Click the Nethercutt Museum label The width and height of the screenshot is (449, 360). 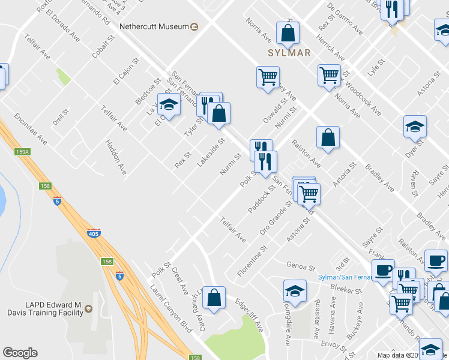point(154,27)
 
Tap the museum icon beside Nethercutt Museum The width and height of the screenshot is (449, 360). point(194,27)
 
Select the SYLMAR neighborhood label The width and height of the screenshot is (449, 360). point(289,53)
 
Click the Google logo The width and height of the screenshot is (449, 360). point(20,353)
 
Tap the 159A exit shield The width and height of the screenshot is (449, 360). point(22,152)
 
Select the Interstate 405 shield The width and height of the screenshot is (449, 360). point(93,233)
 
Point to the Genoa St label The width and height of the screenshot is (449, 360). point(301,266)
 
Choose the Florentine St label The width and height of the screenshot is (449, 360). point(252,260)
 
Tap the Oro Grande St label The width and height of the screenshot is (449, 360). point(276,218)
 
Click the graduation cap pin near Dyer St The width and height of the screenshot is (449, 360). point(415,127)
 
